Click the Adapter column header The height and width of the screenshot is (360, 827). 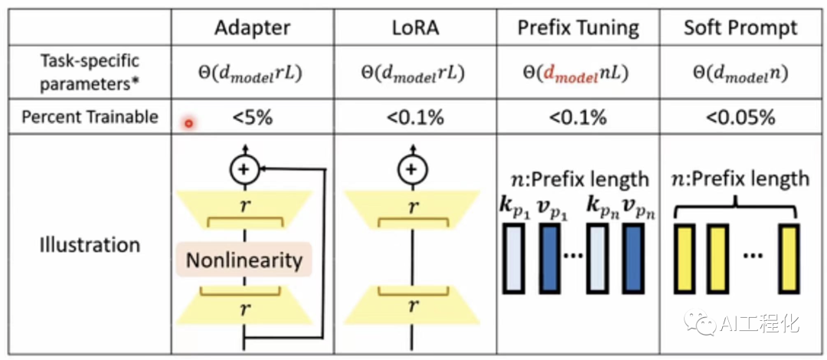point(252,28)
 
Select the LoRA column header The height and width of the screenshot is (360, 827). point(414,28)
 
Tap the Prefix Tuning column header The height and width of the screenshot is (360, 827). point(578,28)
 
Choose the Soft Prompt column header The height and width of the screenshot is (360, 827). point(740,28)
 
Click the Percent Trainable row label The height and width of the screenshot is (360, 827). point(90,117)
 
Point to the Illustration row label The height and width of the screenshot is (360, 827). point(90,245)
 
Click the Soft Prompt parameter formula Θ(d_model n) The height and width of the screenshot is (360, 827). point(740,74)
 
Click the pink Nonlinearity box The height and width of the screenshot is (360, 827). point(244,260)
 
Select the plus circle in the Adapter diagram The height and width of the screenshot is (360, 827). point(245,170)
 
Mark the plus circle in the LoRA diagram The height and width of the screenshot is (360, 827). point(413,170)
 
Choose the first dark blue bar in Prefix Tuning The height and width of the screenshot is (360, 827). point(548,258)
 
